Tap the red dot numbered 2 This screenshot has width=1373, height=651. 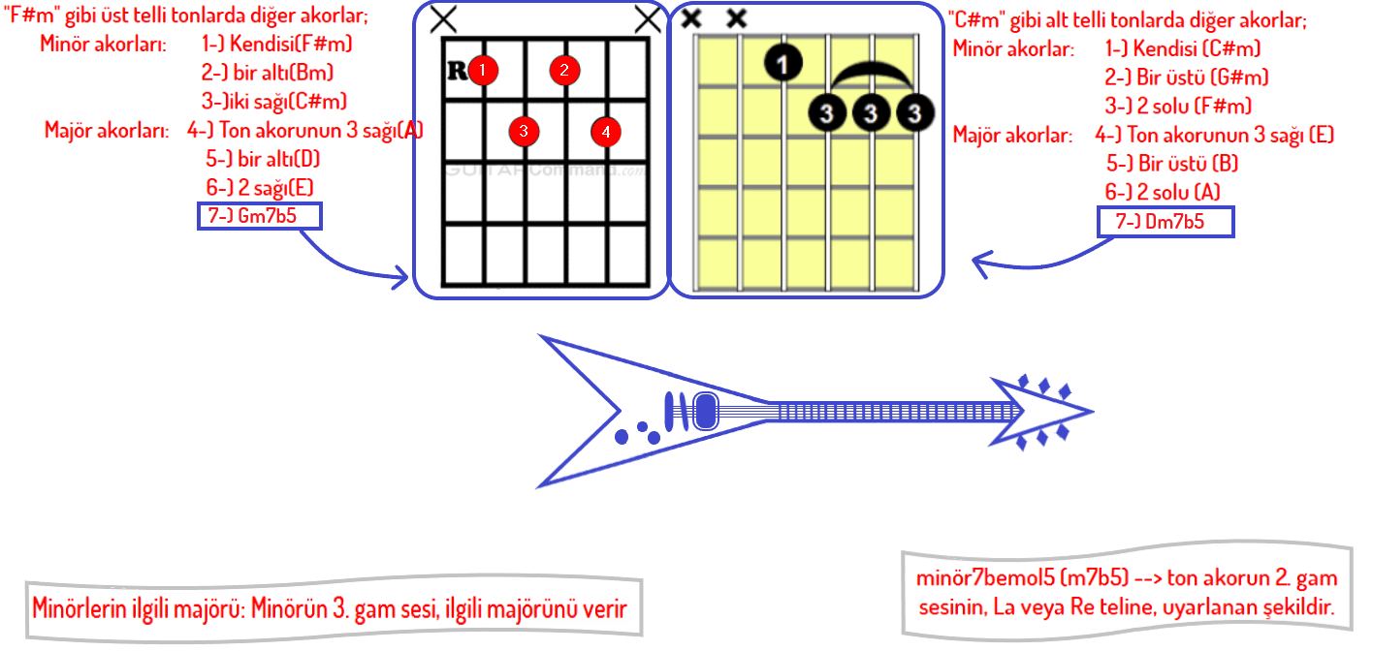[x=563, y=70]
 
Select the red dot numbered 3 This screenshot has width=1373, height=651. [x=524, y=131]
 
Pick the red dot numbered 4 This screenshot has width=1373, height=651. [x=605, y=131]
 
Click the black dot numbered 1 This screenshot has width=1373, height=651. [x=782, y=63]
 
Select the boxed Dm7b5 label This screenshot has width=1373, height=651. [x=1165, y=222]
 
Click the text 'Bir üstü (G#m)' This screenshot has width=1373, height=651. [x=1186, y=77]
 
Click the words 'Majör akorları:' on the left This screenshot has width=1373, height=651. [x=108, y=130]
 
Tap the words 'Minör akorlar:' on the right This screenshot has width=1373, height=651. [x=1013, y=48]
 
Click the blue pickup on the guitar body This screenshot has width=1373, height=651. [x=705, y=411]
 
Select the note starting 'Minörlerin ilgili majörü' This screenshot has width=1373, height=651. [x=331, y=609]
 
